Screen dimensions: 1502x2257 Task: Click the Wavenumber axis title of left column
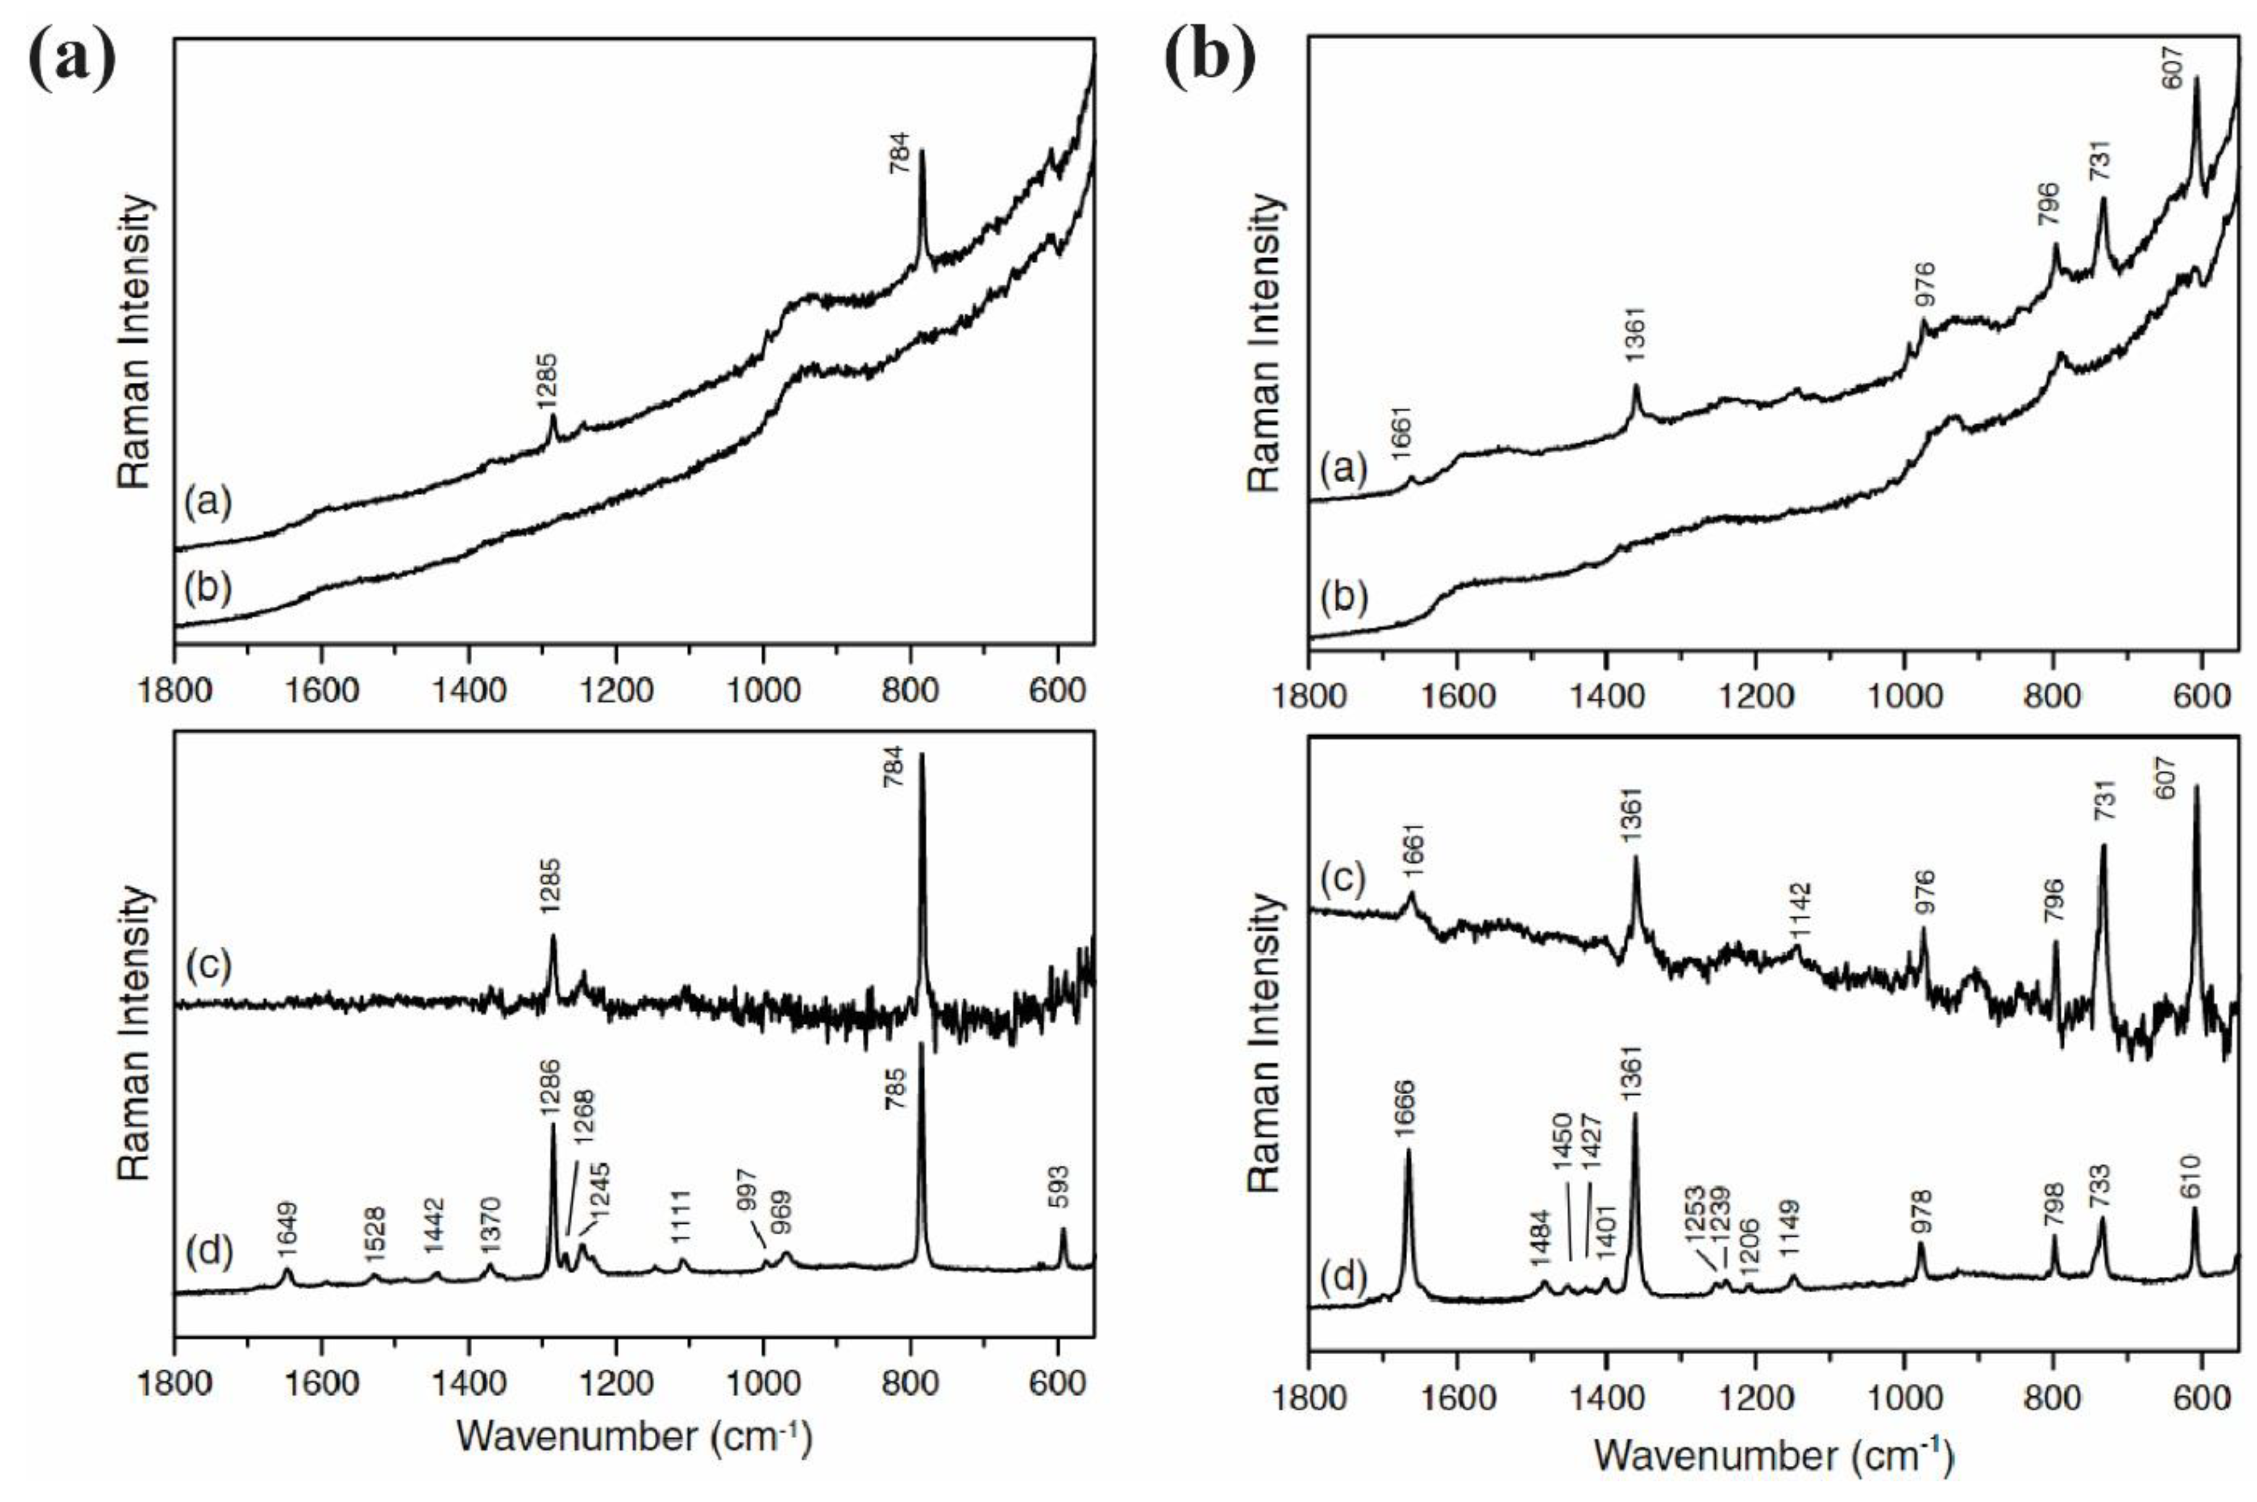coord(634,1437)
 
